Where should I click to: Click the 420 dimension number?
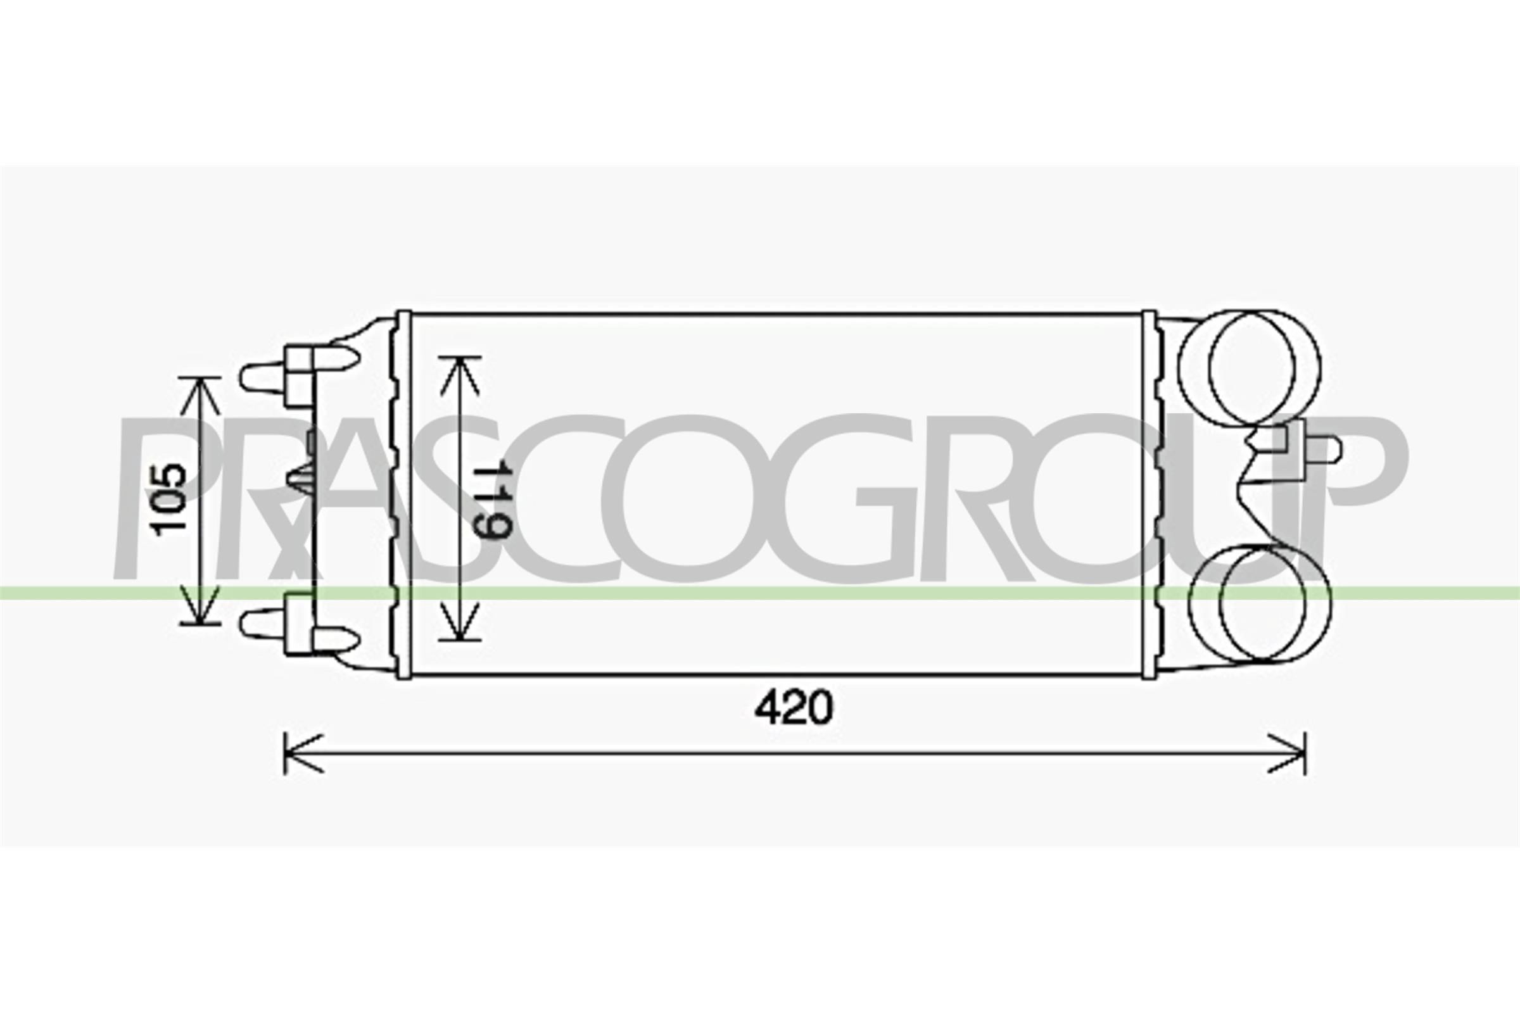(794, 708)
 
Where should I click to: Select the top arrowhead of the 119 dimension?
(460, 375)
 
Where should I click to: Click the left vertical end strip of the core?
(403, 495)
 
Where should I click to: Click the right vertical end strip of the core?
(1149, 495)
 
